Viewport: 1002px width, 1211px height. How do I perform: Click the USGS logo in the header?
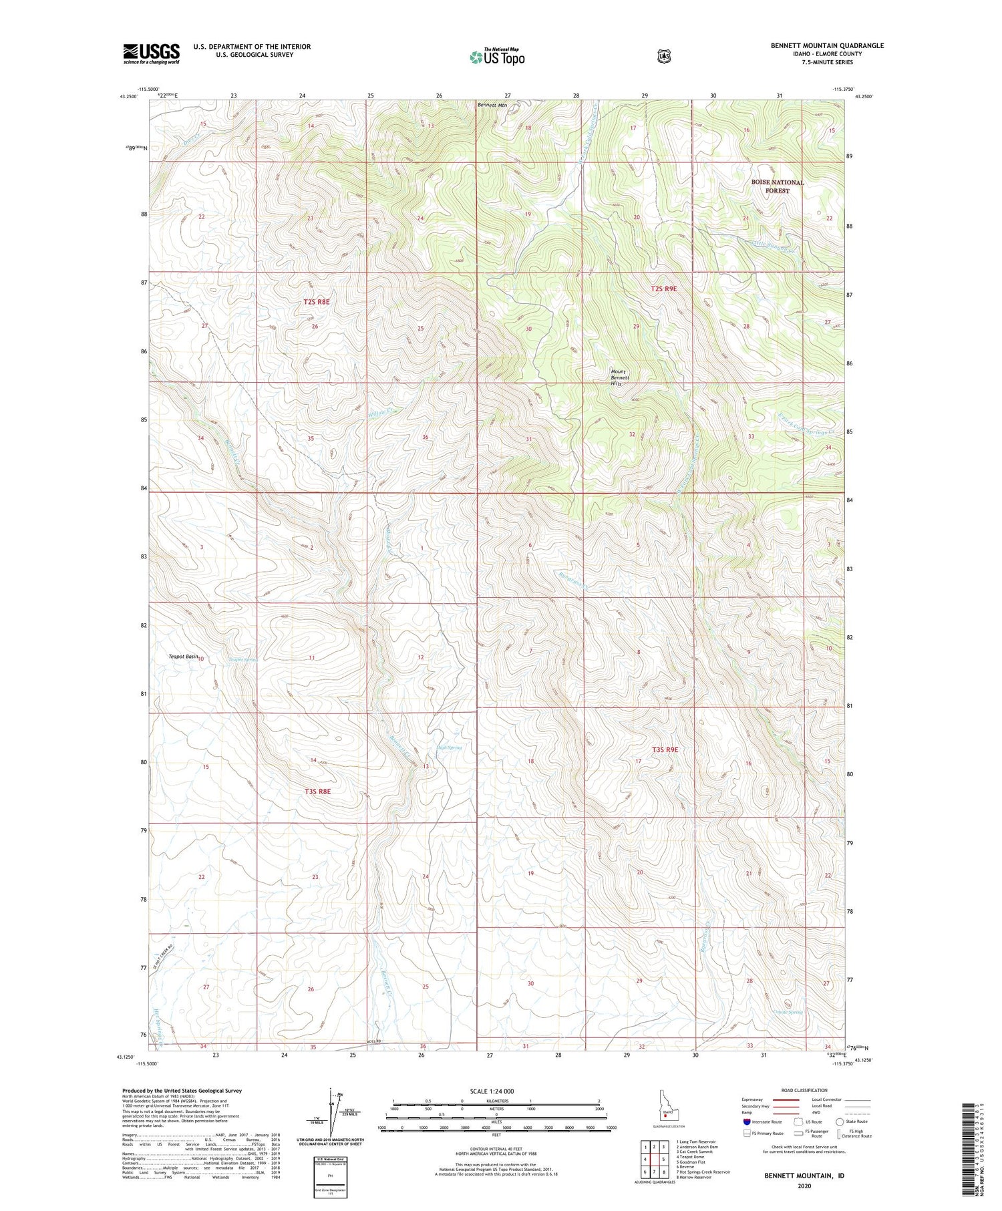151,53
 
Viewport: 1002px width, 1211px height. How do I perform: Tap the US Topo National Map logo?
497,56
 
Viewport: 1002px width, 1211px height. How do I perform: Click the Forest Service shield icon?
663,56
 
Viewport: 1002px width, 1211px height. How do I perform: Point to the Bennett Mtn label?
492,105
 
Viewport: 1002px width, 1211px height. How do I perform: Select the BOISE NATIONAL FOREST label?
777,186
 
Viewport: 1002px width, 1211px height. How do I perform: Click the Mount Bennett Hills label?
620,378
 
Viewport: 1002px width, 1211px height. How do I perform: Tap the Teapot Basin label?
182,657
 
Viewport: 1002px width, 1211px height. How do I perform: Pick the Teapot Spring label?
243,660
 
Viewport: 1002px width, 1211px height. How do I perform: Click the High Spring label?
449,747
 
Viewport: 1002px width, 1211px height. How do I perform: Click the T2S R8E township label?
316,302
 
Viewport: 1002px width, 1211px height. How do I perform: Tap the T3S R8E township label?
317,791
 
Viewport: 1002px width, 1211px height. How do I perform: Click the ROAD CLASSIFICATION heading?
804,1090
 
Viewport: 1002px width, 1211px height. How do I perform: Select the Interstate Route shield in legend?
746,1121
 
